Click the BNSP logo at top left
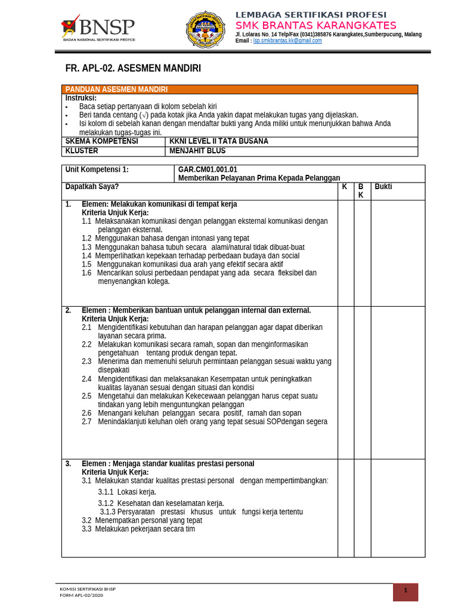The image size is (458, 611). (x=98, y=27)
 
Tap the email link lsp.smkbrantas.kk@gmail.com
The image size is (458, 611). (x=287, y=41)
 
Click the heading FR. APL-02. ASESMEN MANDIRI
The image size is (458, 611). (x=133, y=69)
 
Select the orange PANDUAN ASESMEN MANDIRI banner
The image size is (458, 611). (x=240, y=90)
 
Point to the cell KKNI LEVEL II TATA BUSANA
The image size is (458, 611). (x=219, y=141)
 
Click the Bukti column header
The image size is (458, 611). (x=383, y=187)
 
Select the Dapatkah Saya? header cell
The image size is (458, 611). (x=92, y=187)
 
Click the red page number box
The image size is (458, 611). (x=406, y=591)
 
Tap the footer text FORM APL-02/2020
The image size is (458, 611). (x=82, y=595)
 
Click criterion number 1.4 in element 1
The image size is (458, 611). (x=86, y=256)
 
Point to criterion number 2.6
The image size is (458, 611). (x=86, y=413)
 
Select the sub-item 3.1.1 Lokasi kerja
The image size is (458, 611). (x=127, y=492)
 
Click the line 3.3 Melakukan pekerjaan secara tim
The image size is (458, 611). (x=138, y=529)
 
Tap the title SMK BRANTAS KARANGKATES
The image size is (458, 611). (x=315, y=25)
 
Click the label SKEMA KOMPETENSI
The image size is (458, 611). (x=102, y=141)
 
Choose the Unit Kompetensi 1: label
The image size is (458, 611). (x=97, y=169)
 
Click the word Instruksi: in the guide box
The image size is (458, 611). (x=81, y=98)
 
